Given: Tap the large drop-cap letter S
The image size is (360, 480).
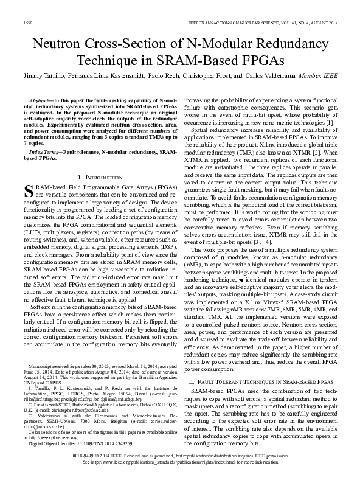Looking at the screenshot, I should click(26, 191).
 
